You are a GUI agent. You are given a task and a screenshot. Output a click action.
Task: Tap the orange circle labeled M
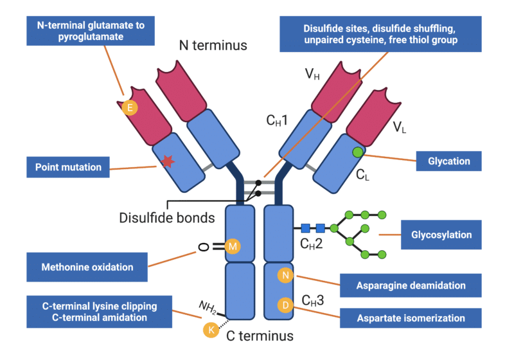point(233,246)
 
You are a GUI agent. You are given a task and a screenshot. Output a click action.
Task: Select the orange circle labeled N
point(286,276)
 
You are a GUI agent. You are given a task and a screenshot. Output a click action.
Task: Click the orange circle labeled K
point(209,330)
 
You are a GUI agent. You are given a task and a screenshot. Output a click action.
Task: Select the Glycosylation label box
point(441,235)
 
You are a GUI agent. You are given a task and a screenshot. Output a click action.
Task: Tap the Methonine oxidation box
point(87,267)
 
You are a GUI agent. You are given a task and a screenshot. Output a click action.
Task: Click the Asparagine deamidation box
point(411,285)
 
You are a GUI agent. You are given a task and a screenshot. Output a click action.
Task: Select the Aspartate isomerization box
point(411,318)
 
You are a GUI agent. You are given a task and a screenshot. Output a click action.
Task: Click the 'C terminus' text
point(260,336)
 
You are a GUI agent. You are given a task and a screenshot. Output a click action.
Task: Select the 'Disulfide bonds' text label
point(167,217)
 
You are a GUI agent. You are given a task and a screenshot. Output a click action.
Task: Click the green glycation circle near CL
point(357,152)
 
